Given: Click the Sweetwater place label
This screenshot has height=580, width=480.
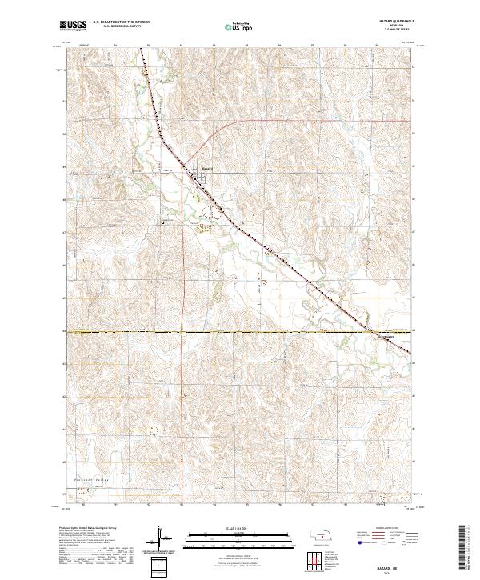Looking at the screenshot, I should pos(386,337).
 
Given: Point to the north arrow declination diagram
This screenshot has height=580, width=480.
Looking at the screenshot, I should pos(160,538).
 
